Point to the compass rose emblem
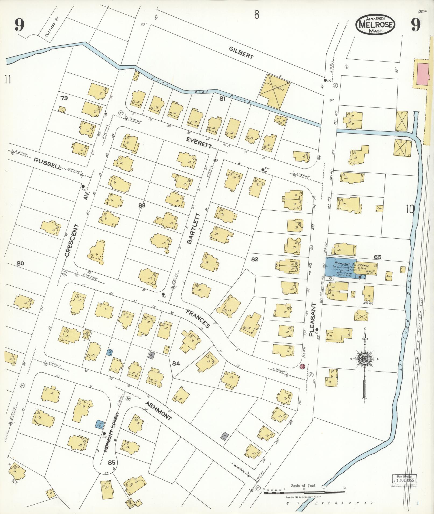click(x=365, y=358)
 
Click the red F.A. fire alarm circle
click(x=302, y=366)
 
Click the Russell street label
click(x=47, y=162)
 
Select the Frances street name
click(x=197, y=318)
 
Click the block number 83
click(x=142, y=206)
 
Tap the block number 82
click(x=254, y=259)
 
